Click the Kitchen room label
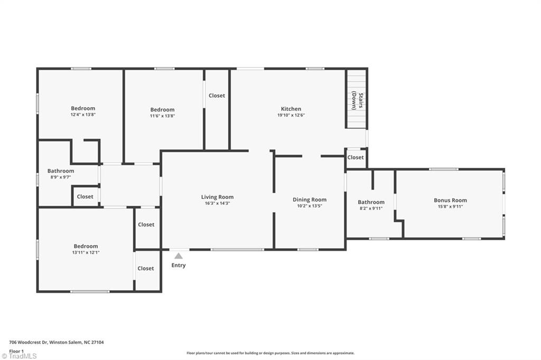click(291, 109)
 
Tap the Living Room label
click(217, 197)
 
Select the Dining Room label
click(310, 200)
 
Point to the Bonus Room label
click(450, 200)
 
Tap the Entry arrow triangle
click(179, 256)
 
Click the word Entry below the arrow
click(179, 266)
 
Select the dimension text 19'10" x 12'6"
click(291, 115)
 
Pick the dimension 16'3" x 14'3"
click(217, 203)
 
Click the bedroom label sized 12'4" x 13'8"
click(83, 108)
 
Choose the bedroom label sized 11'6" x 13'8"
click(162, 110)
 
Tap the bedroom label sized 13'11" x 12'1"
click(86, 246)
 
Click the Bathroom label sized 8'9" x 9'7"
click(61, 171)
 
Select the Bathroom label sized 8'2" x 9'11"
click(371, 202)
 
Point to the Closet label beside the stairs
click(356, 157)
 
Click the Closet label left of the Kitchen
click(217, 96)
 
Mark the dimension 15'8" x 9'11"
click(450, 206)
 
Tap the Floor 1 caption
click(16, 350)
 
